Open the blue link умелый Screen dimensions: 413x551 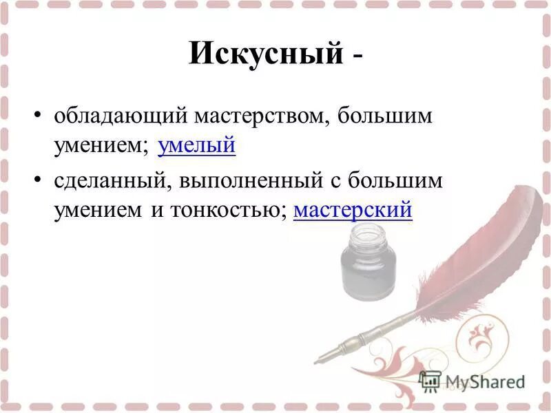(196, 145)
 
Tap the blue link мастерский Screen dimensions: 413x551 (353, 210)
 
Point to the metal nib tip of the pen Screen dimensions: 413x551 (319, 359)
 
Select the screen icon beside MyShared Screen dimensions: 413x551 (430, 381)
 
